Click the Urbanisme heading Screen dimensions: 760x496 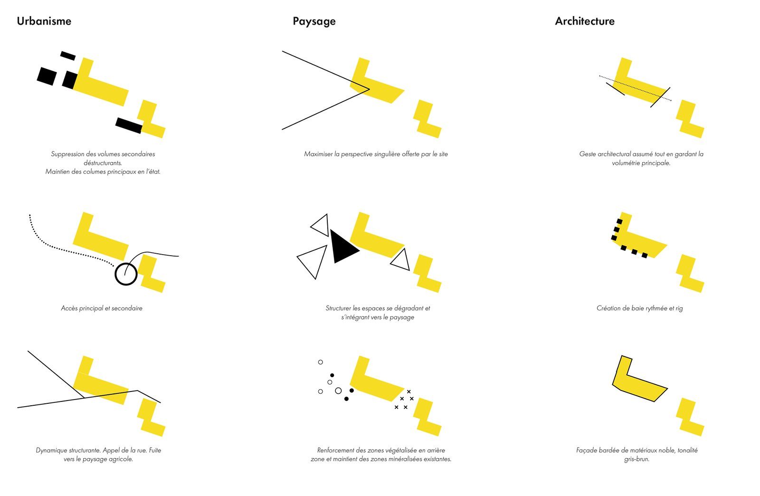(x=44, y=21)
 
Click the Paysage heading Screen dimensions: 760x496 (x=314, y=21)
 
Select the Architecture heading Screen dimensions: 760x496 (x=585, y=21)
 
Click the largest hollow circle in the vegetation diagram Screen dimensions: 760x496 (x=338, y=391)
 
